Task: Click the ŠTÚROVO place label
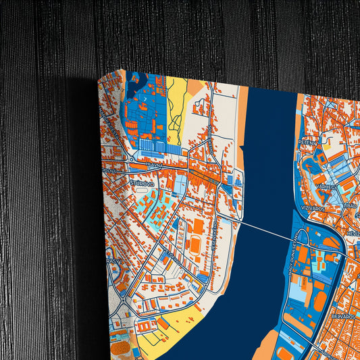click(142, 183)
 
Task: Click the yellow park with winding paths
click(177, 111)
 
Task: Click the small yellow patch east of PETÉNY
click(327, 144)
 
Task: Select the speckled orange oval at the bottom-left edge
click(120, 349)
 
